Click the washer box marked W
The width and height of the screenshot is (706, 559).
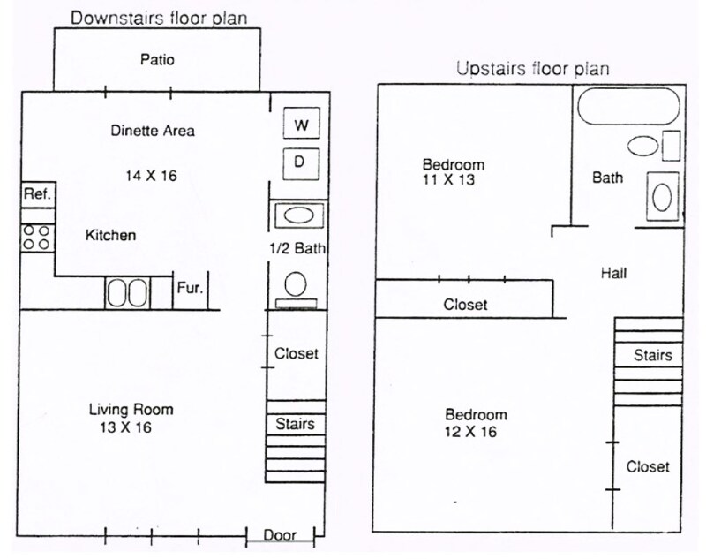[301, 125]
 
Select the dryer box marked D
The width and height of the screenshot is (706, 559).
[300, 162]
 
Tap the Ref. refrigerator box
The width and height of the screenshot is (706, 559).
[38, 193]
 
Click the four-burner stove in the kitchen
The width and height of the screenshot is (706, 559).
[37, 236]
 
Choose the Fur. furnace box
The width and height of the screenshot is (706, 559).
[190, 288]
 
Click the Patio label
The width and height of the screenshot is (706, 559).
[157, 60]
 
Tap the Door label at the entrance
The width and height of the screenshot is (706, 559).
[280, 535]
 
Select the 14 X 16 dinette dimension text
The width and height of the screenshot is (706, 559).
[151, 176]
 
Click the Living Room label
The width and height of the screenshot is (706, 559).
[131, 409]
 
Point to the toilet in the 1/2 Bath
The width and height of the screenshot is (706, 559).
[296, 286]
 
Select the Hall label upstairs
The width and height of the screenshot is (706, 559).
[613, 274]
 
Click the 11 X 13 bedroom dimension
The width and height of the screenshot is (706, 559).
[453, 179]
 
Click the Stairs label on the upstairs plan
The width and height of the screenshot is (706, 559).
[653, 356]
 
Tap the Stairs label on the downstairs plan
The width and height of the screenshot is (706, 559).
[295, 424]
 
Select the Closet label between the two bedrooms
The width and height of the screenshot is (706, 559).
[465, 305]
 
